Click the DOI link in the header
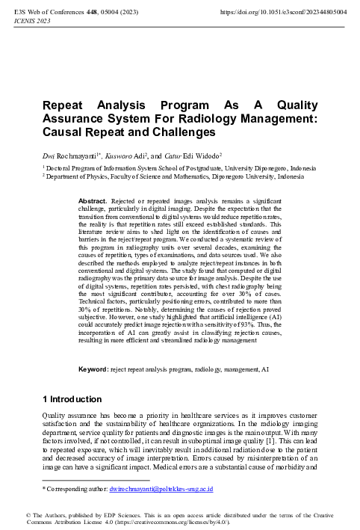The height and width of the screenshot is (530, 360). (283, 13)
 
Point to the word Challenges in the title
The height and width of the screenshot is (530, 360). (179, 132)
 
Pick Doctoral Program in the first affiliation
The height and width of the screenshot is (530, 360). (75, 168)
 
